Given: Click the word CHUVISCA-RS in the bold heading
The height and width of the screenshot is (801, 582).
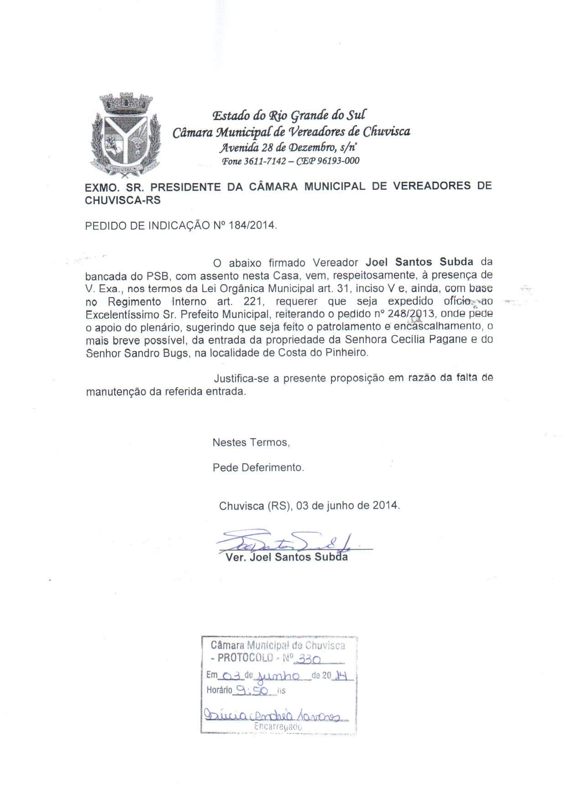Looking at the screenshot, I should pyautogui.click(x=123, y=200).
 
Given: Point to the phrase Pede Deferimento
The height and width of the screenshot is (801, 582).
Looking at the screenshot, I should pyautogui.click(x=258, y=467).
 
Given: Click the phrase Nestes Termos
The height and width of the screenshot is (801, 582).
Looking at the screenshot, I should pyautogui.click(x=251, y=442).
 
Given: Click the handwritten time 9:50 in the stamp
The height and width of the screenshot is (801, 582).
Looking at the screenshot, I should pyautogui.click(x=254, y=690).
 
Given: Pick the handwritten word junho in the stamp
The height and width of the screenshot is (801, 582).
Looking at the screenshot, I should pyautogui.click(x=278, y=675).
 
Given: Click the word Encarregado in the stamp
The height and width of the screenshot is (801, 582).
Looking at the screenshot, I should pyautogui.click(x=278, y=727).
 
